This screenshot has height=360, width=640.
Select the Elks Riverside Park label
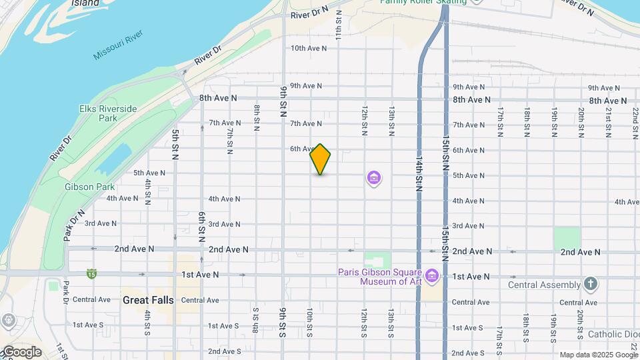click(x=107, y=113)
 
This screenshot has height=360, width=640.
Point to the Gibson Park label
click(x=90, y=187)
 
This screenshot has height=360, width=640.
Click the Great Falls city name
click(x=148, y=300)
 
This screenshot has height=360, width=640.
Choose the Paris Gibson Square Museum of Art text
click(x=379, y=277)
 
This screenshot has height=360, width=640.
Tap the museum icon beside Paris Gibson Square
click(x=431, y=275)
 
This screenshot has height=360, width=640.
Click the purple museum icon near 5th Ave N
click(x=374, y=178)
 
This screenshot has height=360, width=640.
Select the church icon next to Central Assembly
click(x=590, y=285)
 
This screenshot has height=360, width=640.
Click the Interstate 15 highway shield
click(x=91, y=274)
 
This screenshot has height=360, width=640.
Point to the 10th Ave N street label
click(x=309, y=48)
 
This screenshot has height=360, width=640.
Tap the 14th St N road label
click(x=419, y=175)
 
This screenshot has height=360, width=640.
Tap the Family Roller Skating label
click(x=423, y=2)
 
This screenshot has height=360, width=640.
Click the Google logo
click(x=21, y=352)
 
